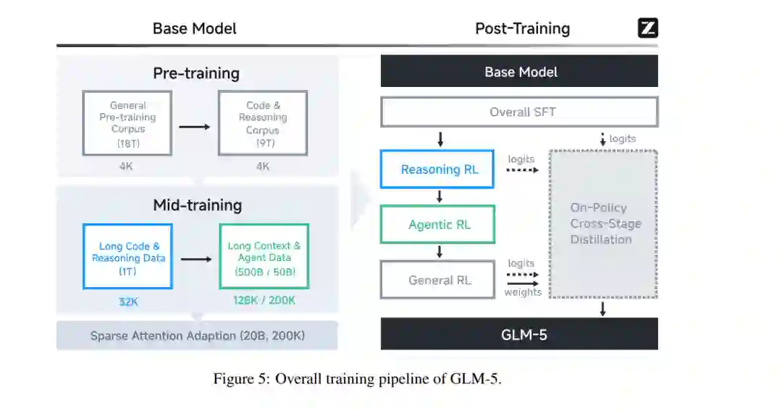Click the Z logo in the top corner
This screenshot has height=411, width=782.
pyautogui.click(x=647, y=28)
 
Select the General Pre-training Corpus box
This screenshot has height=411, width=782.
pyautogui.click(x=127, y=123)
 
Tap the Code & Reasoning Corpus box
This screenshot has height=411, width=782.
pyautogui.click(x=263, y=123)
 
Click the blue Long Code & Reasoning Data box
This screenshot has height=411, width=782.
pyautogui.click(x=128, y=256)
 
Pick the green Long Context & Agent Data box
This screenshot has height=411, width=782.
pyautogui.click(x=264, y=256)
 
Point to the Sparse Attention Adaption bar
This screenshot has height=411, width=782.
pyautogui.click(x=197, y=336)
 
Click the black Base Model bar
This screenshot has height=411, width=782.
pyautogui.click(x=519, y=72)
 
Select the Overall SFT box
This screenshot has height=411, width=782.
pyautogui.click(x=519, y=112)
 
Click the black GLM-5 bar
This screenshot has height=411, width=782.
pyautogui.click(x=519, y=334)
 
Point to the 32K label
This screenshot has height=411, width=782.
pyautogui.click(x=128, y=302)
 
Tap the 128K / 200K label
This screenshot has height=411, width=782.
pyautogui.click(x=264, y=300)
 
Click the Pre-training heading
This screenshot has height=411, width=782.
pyautogui.click(x=195, y=73)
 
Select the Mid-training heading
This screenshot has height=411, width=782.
pyautogui.click(x=197, y=205)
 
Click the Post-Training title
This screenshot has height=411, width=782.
pyautogui.click(x=522, y=28)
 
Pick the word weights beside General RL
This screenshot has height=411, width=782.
pyautogui.click(x=523, y=292)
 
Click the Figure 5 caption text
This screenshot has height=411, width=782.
pyautogui.click(x=357, y=379)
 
